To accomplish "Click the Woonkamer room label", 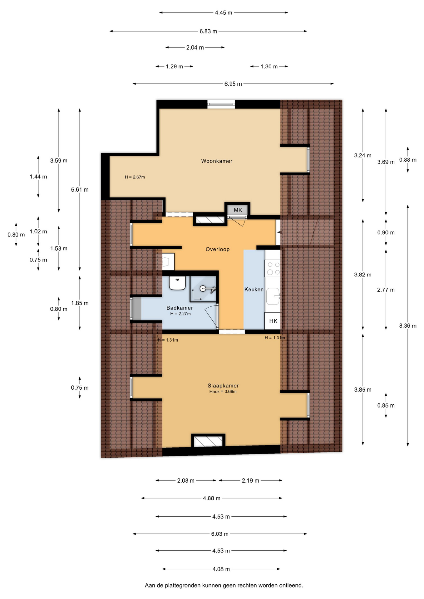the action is [217, 161].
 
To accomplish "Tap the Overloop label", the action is [218, 249].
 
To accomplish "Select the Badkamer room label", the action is [180, 308].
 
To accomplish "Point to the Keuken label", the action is [254, 290].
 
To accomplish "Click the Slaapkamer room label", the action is [223, 386].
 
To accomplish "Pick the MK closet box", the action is [238, 210].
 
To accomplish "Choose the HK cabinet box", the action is [273, 321].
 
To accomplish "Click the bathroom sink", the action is [177, 283].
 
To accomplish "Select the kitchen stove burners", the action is [273, 269].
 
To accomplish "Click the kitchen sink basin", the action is [273, 296].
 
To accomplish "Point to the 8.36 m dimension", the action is [408, 326].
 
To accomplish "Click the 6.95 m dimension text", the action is [233, 84].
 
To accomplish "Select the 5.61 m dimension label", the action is [80, 190].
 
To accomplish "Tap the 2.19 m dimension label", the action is [250, 481].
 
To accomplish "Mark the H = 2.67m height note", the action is [135, 177].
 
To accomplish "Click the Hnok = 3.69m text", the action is [223, 392].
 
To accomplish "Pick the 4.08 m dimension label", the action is [221, 569].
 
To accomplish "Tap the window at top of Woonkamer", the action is [221, 104].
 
